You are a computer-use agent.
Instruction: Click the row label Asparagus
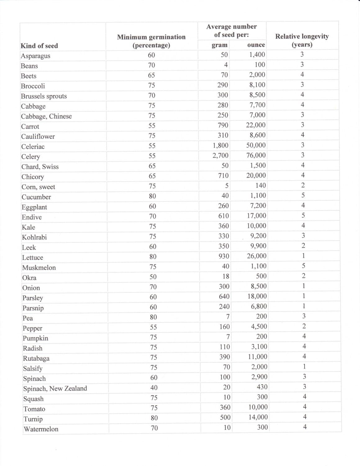coord(35,56)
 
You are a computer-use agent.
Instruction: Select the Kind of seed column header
coord(39,46)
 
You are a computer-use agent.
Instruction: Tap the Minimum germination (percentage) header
coord(151,41)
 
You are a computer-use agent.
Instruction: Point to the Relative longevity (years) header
coord(302,40)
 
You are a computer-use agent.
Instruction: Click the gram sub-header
coord(220,45)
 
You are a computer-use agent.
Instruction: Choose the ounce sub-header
coord(256,45)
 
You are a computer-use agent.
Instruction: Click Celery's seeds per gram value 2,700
coord(221,155)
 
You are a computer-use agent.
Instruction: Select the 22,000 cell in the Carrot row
coord(256,125)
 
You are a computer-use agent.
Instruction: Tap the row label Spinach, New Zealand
coord(55,389)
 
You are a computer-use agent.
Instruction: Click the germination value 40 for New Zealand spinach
coord(154,387)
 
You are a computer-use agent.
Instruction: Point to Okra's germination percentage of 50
coord(153,277)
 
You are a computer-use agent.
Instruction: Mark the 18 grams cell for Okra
coord(226,276)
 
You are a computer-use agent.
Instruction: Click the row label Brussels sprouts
coord(44,96)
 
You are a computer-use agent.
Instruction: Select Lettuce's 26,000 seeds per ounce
coord(257,256)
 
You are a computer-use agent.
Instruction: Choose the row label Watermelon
coord(41,429)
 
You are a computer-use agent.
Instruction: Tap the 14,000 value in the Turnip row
coord(258,417)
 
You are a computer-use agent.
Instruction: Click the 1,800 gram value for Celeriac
coord(221,145)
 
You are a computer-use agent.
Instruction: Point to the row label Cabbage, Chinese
coord(46,116)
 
